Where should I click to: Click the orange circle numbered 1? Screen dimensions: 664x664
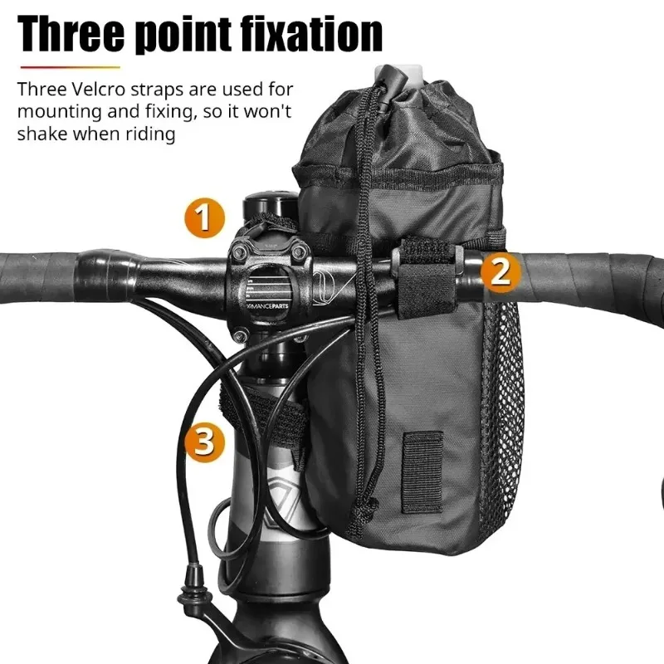tap(203, 219)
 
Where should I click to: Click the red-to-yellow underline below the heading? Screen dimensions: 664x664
tap(71, 67)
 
